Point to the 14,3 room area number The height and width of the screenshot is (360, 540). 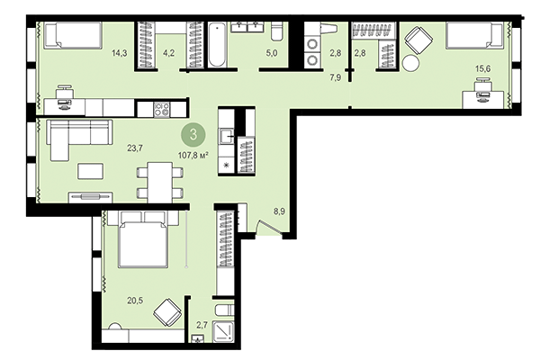(x=119, y=52)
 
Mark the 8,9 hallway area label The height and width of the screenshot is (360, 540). (x=280, y=212)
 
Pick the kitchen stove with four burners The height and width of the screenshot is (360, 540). (x=163, y=109)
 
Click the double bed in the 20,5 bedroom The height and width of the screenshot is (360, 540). (x=140, y=239)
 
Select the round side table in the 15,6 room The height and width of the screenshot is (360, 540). (x=411, y=64)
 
